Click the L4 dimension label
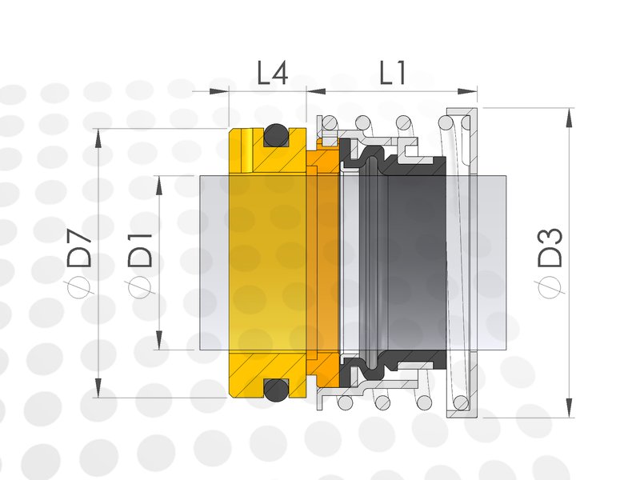pos(273,73)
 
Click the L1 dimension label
pos(393,73)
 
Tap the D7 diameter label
pos(79,249)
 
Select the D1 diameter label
pos(140,250)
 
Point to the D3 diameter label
pos(550,248)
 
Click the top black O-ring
pos(276,135)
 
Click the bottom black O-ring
pos(276,390)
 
